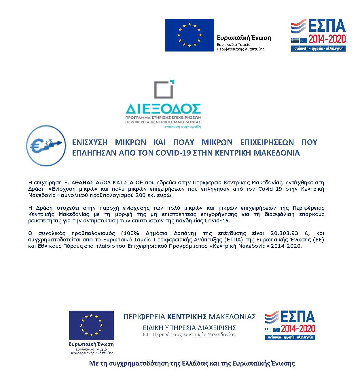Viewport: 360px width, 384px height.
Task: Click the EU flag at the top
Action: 189,35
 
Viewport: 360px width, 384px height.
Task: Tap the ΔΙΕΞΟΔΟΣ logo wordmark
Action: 163,109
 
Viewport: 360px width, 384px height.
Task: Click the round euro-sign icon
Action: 46,145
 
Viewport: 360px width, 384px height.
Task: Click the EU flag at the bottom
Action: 91,325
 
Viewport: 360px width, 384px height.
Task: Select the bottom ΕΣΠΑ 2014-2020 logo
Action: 290,325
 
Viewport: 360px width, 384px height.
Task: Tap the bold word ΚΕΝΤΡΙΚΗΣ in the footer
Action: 187,317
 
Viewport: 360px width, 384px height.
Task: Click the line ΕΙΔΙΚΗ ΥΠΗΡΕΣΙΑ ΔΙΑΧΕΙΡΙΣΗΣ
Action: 189,328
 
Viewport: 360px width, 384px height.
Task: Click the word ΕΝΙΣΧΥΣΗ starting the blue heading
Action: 90,142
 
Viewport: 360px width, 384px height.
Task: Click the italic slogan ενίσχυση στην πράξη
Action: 182,126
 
